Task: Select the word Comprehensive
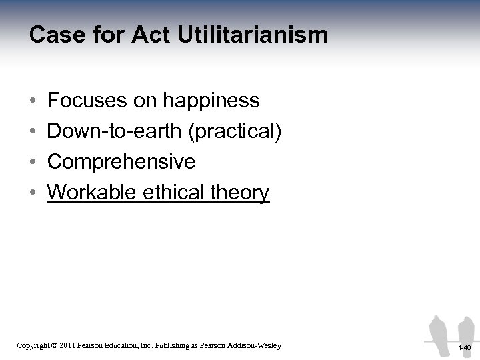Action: tap(121, 162)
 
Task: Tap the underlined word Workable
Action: tap(89, 193)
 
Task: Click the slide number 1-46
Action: tap(465, 347)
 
